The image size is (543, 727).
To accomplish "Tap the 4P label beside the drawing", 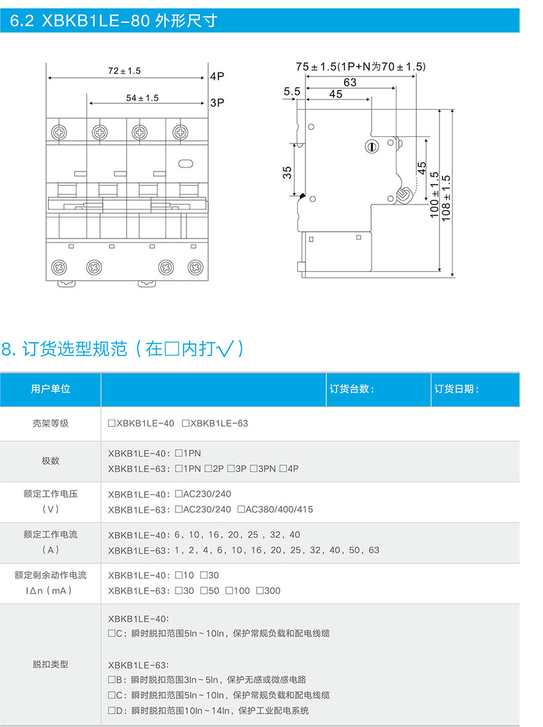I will (217, 77).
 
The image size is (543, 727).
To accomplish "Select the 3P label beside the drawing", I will (217, 103).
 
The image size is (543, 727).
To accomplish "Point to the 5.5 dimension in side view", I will (291, 92).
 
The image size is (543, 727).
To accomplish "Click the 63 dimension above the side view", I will (350, 82).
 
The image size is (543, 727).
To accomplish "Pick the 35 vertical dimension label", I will (287, 172).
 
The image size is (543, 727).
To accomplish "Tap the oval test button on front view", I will (185, 164).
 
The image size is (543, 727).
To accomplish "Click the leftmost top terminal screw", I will (60, 131).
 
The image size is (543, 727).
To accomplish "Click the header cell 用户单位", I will (50, 389).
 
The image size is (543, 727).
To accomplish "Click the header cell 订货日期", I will (456, 389).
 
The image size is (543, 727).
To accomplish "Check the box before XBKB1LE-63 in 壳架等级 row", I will (186, 423).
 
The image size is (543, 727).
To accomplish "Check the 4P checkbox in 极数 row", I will (283, 468).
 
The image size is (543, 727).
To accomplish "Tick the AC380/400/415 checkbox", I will (241, 509).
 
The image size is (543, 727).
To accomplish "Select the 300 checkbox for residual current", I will (260, 590).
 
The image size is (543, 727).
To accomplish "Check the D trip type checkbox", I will (111, 710).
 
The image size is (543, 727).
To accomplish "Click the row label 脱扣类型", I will (50, 664).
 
